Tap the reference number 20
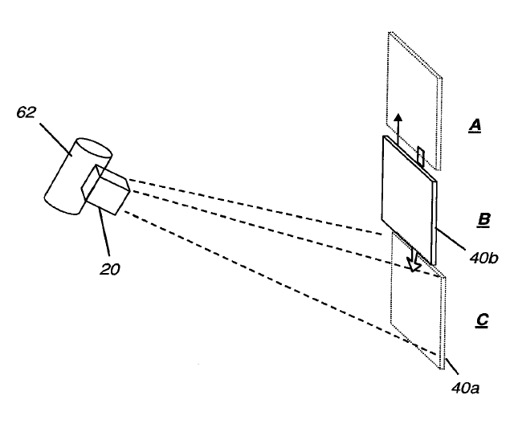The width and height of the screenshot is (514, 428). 111,269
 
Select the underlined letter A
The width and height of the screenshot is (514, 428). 475,126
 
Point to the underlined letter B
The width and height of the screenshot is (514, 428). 484,219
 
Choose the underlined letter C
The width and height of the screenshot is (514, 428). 483,320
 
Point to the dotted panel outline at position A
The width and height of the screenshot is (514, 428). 413,80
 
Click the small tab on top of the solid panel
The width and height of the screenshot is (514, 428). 421,154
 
